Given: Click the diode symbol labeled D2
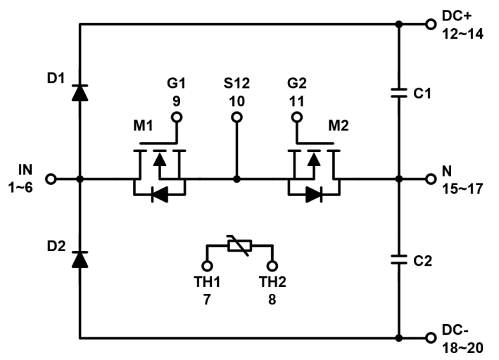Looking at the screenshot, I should tap(80, 259).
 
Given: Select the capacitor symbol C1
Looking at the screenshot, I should tap(398, 92).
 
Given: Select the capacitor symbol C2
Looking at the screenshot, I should tap(398, 259).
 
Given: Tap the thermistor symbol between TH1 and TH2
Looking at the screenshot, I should tap(239, 246).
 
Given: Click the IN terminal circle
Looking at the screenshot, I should tap(51, 179).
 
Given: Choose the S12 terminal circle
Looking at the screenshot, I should tap(236, 117).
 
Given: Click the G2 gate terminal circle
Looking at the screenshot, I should tap(296, 117).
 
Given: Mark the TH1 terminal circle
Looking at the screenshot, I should tap(207, 266).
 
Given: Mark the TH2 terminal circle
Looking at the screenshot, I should tap(272, 266).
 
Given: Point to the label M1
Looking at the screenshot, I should tap(143, 126).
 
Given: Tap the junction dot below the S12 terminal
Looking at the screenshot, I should tap(236, 179).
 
